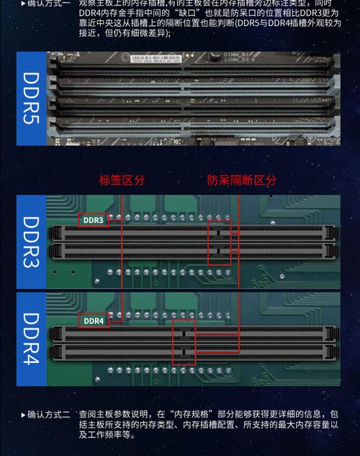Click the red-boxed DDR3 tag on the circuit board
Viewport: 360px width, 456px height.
tap(94, 220)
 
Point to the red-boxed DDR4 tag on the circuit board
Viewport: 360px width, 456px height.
tap(94, 321)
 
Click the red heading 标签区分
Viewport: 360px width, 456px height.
tap(122, 180)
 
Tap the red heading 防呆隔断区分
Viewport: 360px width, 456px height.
tap(241, 180)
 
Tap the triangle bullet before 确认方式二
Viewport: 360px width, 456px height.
tap(22, 415)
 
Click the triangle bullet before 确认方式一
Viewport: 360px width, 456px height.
tap(22, 4)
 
